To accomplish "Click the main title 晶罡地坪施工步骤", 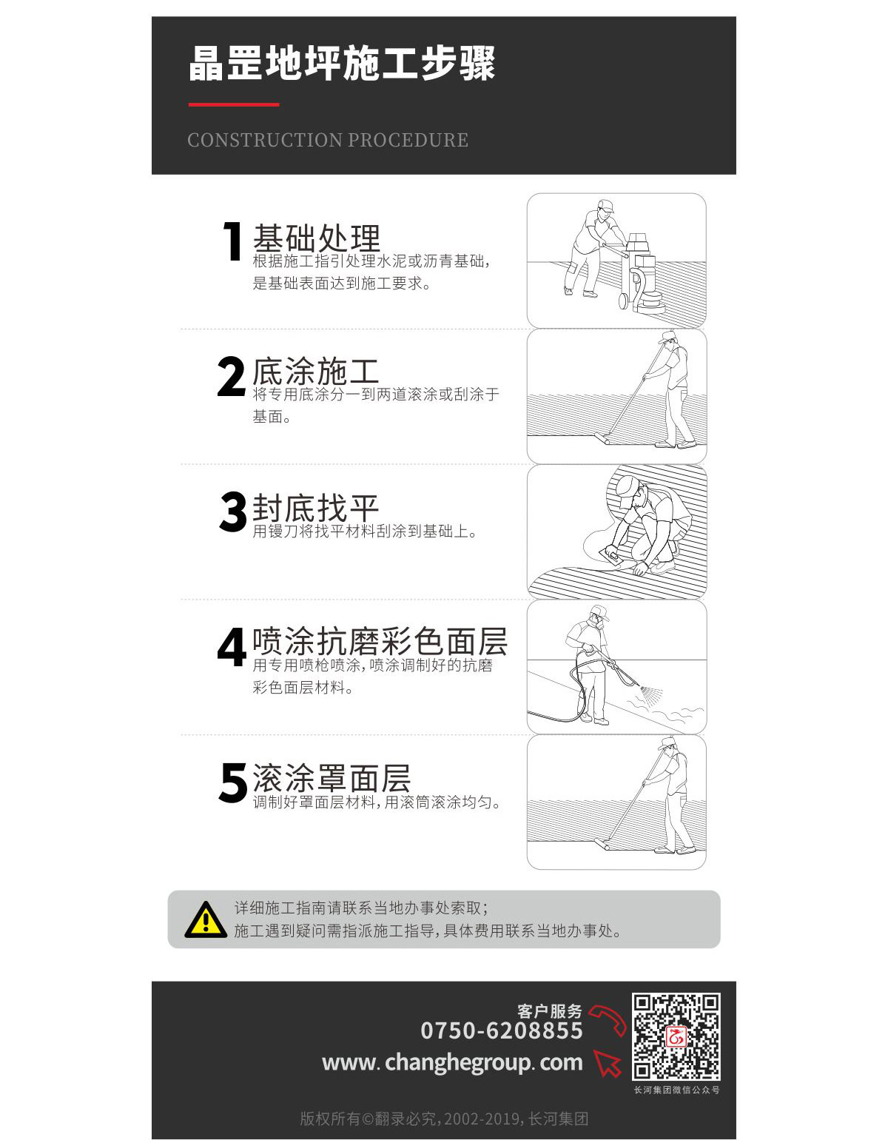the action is (342, 64).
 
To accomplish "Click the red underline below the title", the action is (233, 104).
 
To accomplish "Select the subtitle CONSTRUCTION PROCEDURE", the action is (328, 140).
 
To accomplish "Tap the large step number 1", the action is (232, 241).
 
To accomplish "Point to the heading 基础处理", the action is (316, 238).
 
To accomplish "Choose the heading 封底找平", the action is (315, 508).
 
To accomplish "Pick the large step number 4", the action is (232, 647).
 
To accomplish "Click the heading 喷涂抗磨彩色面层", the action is (380, 641).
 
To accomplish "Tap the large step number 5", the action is (232, 782).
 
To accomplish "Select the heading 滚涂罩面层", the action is (332, 778).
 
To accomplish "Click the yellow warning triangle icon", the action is (206, 919).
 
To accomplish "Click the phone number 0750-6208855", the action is (501, 1030).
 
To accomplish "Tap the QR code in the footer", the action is (676, 1036).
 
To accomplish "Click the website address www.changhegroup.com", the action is (452, 1063).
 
